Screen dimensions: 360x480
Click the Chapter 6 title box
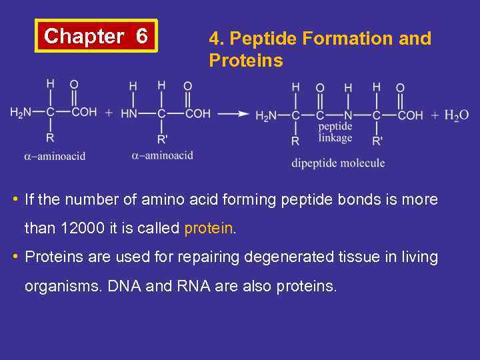pos(96,36)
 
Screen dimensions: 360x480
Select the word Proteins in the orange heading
pos(245,61)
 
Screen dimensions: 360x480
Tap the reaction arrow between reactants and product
pos(233,114)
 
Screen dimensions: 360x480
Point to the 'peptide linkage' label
pos(335,132)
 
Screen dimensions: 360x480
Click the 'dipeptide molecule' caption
pos(338,163)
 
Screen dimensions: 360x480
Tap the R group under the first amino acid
pos(50,139)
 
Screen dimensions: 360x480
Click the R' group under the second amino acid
pos(162,139)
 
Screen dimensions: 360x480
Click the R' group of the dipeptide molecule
pos(377,141)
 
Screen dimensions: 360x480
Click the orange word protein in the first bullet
pos(208,228)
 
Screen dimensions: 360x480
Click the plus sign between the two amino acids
pos(109,113)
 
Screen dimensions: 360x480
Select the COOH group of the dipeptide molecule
pos(411,115)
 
